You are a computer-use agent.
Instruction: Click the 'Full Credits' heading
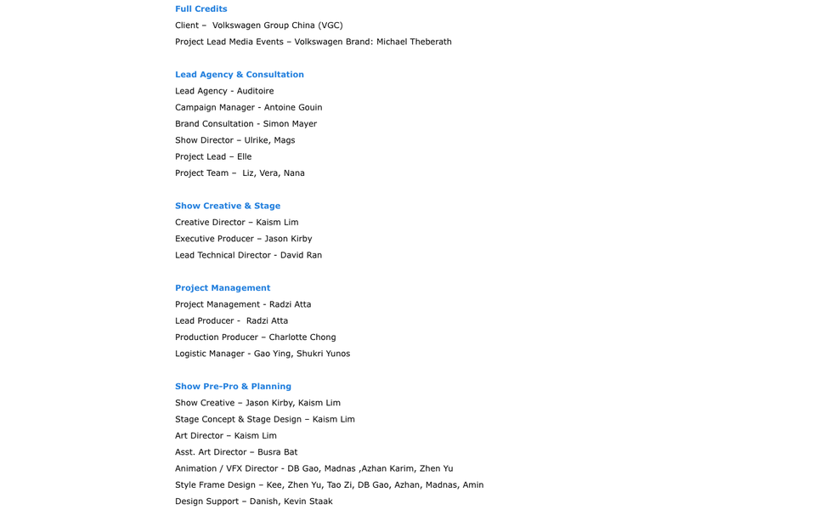coord(201,9)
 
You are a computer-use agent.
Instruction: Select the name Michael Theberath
coord(414,42)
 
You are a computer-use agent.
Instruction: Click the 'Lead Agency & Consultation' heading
coord(239,75)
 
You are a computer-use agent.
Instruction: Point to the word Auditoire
coord(255,91)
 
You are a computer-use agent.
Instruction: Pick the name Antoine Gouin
coord(292,107)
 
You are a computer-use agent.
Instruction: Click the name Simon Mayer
coord(290,124)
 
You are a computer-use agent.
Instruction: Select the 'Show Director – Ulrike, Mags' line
coord(234,140)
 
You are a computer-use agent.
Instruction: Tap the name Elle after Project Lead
coord(244,157)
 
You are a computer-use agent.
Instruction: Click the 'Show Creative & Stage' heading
coord(227,206)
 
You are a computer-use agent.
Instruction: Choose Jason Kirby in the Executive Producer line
coord(288,239)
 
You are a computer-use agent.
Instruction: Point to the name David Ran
coord(301,255)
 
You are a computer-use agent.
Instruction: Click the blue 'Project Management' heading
coord(222,288)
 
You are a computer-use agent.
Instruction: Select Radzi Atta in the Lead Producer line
coord(267,321)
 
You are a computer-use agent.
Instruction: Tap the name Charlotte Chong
coord(302,337)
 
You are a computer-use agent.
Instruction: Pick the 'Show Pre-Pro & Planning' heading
coord(233,387)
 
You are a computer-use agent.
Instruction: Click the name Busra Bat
coord(277,452)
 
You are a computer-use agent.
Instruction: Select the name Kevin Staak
coord(308,501)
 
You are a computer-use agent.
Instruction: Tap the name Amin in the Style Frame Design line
coord(472,485)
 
